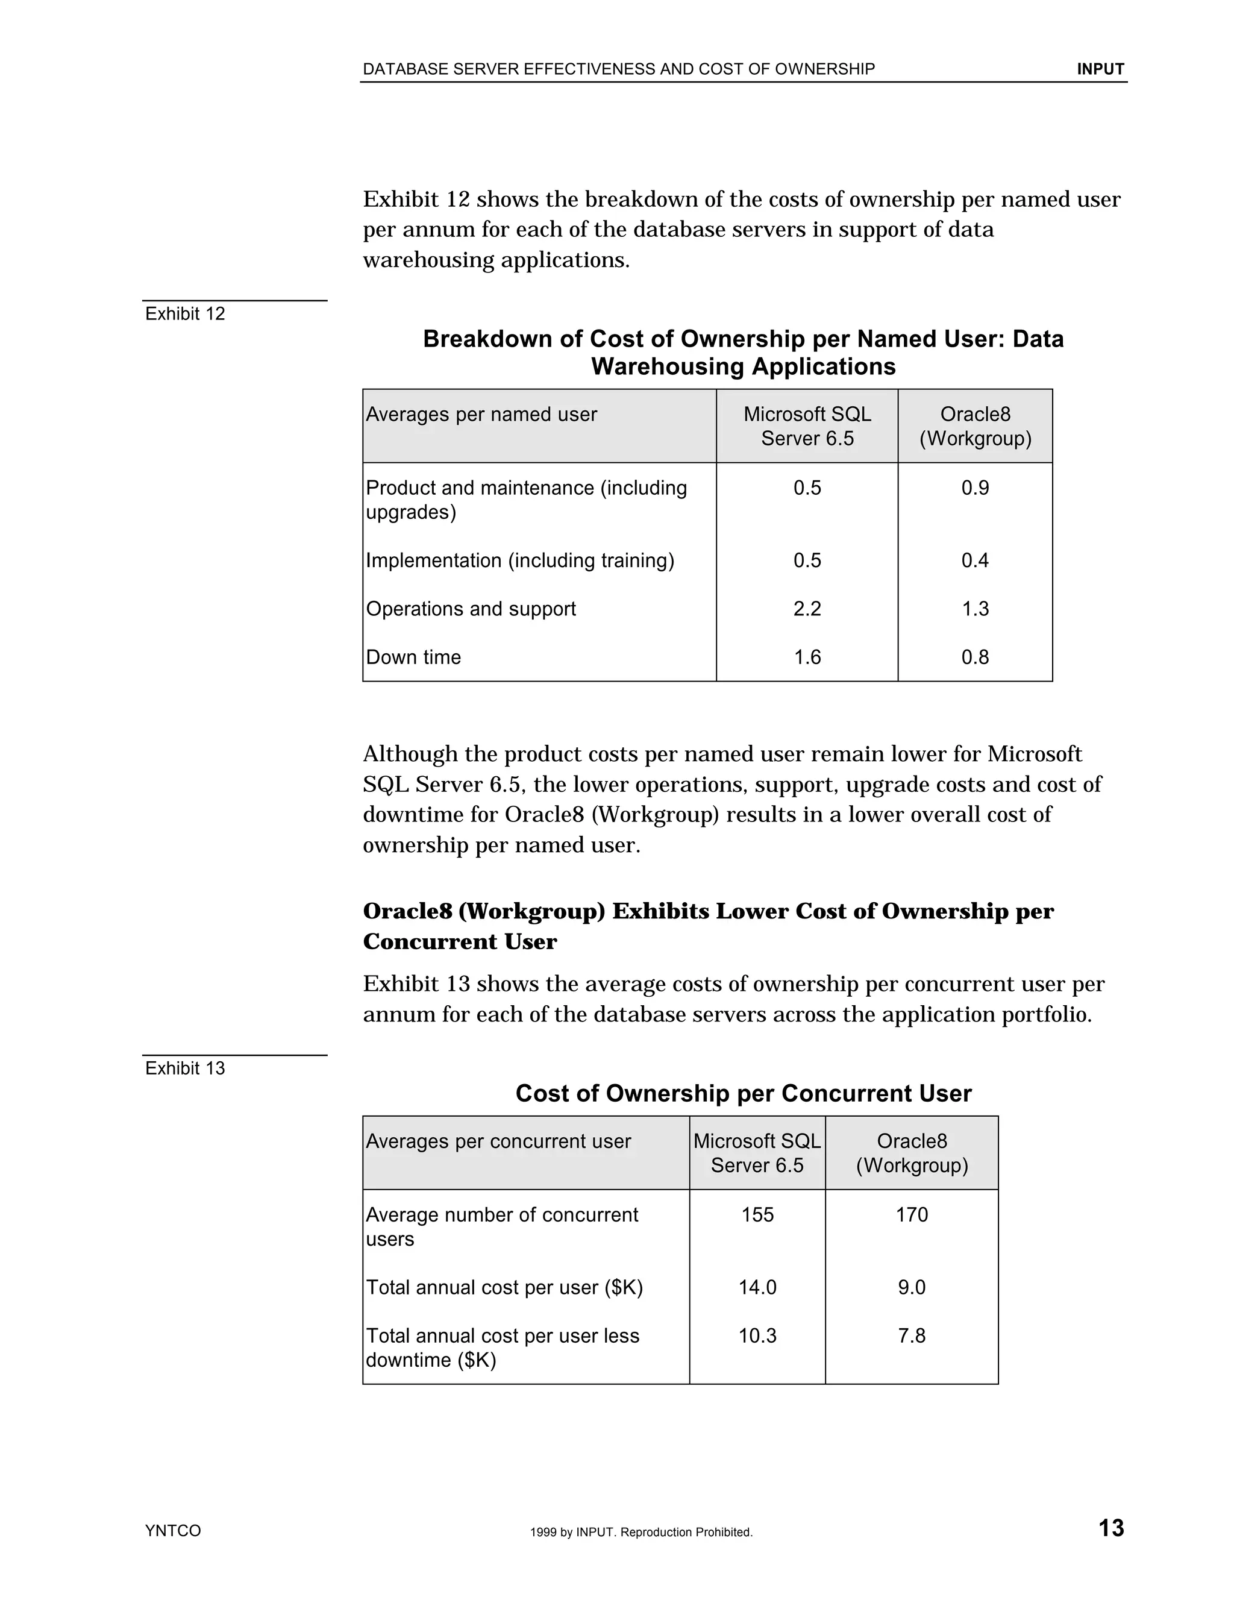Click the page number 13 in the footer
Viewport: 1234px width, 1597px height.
1110,1528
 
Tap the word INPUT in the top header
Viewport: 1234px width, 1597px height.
1100,69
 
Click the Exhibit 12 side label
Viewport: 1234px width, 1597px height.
185,314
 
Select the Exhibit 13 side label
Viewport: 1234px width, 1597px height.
185,1068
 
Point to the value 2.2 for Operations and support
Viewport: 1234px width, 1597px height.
807,609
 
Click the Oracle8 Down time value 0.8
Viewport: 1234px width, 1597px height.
974,657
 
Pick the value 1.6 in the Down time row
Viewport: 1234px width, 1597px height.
807,657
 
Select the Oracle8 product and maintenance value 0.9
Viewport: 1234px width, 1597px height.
974,488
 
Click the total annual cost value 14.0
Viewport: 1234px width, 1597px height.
757,1287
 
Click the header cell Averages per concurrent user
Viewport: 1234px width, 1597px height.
498,1141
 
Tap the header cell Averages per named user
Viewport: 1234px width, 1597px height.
481,415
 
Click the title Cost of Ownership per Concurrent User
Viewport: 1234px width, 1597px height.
744,1093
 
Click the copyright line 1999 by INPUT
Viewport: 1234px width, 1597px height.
641,1532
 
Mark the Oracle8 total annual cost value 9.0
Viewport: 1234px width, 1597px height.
912,1287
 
